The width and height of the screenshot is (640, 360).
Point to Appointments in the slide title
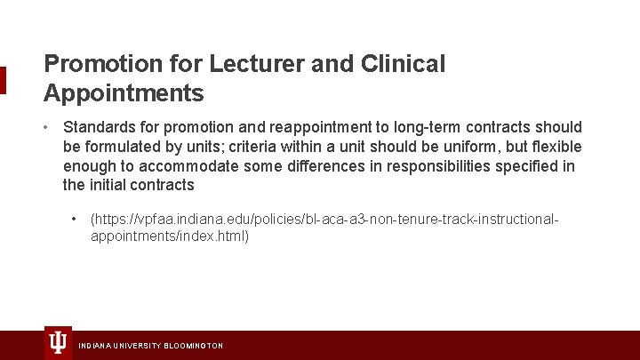pos(124,92)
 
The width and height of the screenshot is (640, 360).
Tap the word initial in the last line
pos(108,185)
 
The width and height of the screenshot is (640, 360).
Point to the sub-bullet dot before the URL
pos(75,219)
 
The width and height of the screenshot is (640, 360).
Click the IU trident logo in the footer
pos(58,342)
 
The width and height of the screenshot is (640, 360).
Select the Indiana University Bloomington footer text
pos(151,346)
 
